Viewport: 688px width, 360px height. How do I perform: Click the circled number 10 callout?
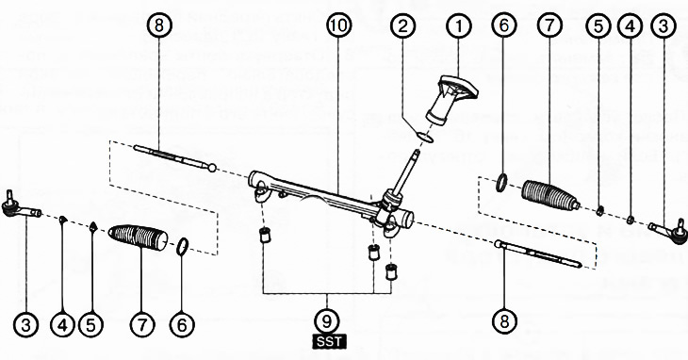(338, 25)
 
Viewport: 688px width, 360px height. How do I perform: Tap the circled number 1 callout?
(459, 26)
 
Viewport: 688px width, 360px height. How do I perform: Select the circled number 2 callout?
(402, 26)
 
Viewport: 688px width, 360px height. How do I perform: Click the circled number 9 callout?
(327, 321)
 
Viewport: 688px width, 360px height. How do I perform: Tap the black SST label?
(330, 341)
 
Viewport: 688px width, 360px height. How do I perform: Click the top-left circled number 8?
(159, 25)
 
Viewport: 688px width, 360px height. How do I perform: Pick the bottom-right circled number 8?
(503, 321)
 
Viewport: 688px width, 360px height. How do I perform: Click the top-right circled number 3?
(663, 26)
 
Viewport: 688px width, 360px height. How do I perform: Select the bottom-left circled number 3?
(25, 325)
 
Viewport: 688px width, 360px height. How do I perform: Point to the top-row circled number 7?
(549, 26)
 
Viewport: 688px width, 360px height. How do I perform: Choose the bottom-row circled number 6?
(182, 325)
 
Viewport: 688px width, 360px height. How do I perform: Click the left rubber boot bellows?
(138, 237)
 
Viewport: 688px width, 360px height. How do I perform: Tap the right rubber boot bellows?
(550, 195)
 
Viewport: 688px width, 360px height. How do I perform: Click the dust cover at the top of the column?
(452, 99)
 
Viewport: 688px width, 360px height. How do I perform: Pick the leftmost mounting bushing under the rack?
(265, 235)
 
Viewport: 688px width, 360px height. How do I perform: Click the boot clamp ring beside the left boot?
(183, 246)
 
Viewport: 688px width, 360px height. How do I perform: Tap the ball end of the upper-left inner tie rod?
(212, 168)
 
